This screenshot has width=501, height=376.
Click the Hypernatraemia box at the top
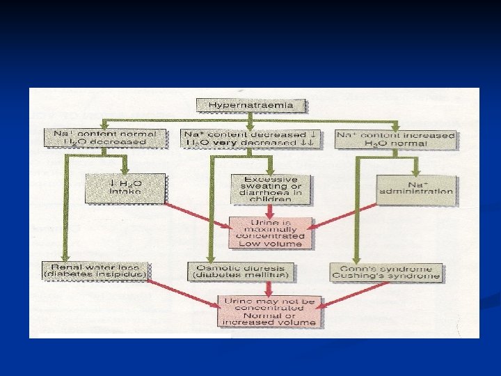click(251, 106)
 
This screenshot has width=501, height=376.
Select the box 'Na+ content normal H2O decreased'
click(105, 138)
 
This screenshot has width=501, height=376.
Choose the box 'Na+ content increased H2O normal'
click(395, 139)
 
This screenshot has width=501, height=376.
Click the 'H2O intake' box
click(125, 187)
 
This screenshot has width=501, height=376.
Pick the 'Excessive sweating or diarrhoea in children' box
click(271, 189)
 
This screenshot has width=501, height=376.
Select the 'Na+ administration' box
click(416, 188)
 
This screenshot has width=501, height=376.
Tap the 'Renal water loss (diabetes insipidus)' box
click(95, 272)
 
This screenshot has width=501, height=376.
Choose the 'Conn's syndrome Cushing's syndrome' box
click(386, 272)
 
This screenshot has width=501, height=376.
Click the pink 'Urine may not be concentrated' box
click(270, 311)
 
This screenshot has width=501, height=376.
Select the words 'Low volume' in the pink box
click(270, 244)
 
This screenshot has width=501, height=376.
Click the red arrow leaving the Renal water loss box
click(184, 293)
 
